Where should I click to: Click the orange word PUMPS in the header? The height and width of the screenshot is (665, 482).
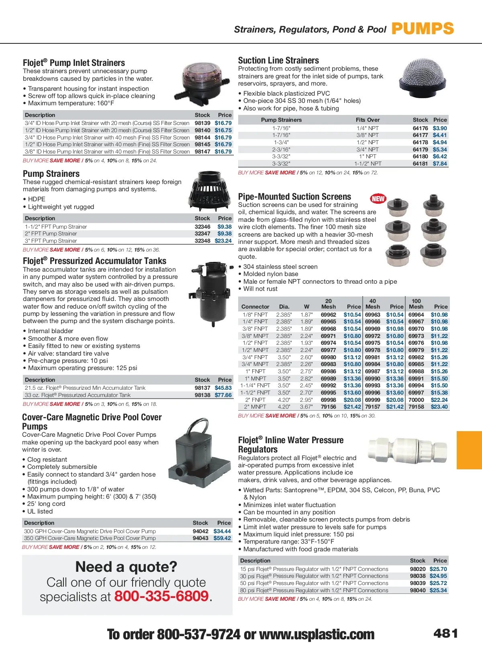click(423, 29)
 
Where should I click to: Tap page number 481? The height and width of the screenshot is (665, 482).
click(445, 633)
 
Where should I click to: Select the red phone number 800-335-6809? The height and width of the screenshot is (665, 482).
click(161, 596)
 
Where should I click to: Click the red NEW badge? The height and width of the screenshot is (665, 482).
click(378, 198)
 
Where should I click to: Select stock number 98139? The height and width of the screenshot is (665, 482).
click(202, 123)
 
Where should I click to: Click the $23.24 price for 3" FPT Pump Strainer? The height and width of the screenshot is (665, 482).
click(223, 241)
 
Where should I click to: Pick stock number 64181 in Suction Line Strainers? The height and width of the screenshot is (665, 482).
click(420, 164)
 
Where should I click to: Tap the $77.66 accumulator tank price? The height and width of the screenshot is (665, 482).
click(223, 395)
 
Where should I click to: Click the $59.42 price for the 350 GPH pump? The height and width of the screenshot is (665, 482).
click(222, 538)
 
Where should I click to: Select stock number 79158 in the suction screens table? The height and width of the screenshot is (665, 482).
click(416, 407)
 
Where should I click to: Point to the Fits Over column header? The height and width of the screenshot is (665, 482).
click(368, 120)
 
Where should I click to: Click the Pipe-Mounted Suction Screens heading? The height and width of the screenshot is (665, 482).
click(294, 196)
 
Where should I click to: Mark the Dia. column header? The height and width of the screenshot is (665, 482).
click(284, 307)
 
